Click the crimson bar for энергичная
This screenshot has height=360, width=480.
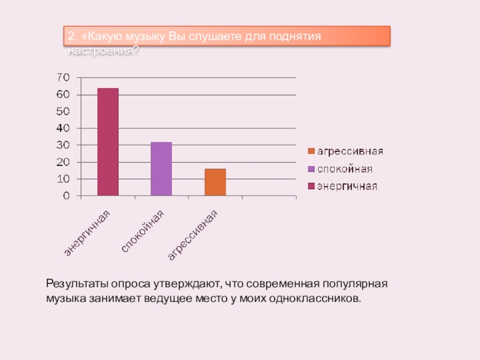[108, 142]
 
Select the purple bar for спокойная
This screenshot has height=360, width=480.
[161, 169]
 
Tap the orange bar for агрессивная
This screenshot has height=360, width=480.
[215, 182]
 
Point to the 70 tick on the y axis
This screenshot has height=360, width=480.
[63, 77]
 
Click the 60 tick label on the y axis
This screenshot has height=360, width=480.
[63, 95]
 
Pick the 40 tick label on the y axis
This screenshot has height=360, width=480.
[63, 128]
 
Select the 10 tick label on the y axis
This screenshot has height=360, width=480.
[63, 179]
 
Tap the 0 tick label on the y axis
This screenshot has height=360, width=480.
[66, 196]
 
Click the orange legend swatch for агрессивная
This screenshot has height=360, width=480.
[311, 151]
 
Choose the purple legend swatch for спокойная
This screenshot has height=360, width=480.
[311, 169]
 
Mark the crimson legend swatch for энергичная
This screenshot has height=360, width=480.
[311, 186]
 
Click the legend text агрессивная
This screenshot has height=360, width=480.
[350, 151]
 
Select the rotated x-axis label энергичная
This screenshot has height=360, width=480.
[88, 235]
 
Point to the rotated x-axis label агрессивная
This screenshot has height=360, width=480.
[193, 236]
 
